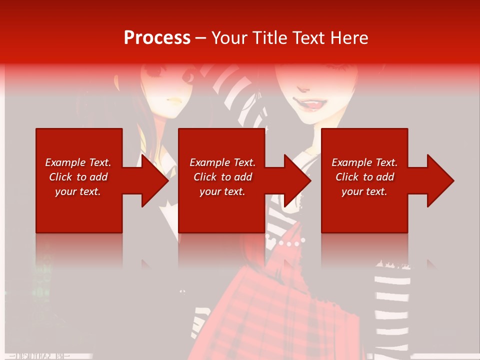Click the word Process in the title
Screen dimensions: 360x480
point(157,37)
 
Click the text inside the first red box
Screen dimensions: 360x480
point(78,177)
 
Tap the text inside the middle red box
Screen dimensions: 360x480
point(222,177)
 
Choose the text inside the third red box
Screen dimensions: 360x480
point(364,177)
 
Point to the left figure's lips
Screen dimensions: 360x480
point(174,100)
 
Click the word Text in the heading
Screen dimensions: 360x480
point(310,37)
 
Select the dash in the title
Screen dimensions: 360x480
point(200,38)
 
